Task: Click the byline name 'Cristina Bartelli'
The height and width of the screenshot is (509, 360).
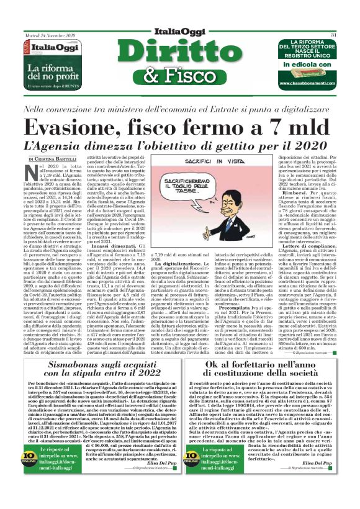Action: [58, 160]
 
